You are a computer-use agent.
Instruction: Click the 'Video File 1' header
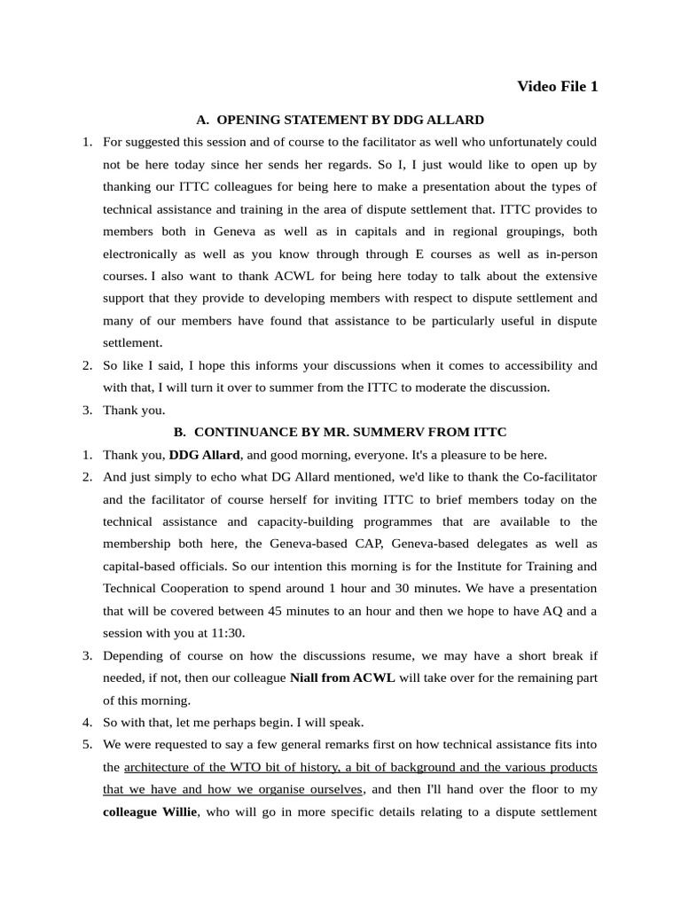tap(557, 86)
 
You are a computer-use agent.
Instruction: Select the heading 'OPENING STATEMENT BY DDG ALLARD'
tap(350, 119)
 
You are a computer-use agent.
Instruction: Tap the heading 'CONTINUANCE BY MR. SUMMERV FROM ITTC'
tap(350, 432)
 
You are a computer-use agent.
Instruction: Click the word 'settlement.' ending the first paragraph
tap(133, 341)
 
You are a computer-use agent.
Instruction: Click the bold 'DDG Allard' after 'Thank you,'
tap(204, 455)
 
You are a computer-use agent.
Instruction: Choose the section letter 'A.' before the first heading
tap(202, 119)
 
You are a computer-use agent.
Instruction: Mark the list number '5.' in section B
tap(88, 744)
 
